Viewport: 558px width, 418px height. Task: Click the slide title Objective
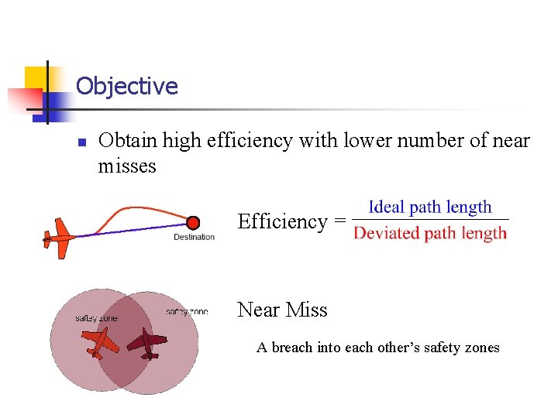point(127,86)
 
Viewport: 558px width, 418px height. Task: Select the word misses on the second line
point(127,166)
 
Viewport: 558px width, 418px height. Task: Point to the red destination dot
point(193,223)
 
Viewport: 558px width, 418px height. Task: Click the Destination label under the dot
point(194,237)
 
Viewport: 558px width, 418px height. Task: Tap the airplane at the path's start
point(57,237)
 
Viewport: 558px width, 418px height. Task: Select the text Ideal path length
point(430,207)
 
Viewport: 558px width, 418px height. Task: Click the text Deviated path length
point(430,233)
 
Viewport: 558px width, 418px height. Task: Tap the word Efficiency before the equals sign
point(283,222)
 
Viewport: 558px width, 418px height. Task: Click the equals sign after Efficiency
point(339,222)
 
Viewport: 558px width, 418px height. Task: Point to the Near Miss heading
point(282,310)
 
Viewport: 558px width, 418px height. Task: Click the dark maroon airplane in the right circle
point(148,341)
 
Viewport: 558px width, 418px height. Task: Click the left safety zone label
point(96,318)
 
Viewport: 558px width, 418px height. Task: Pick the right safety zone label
point(187,312)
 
